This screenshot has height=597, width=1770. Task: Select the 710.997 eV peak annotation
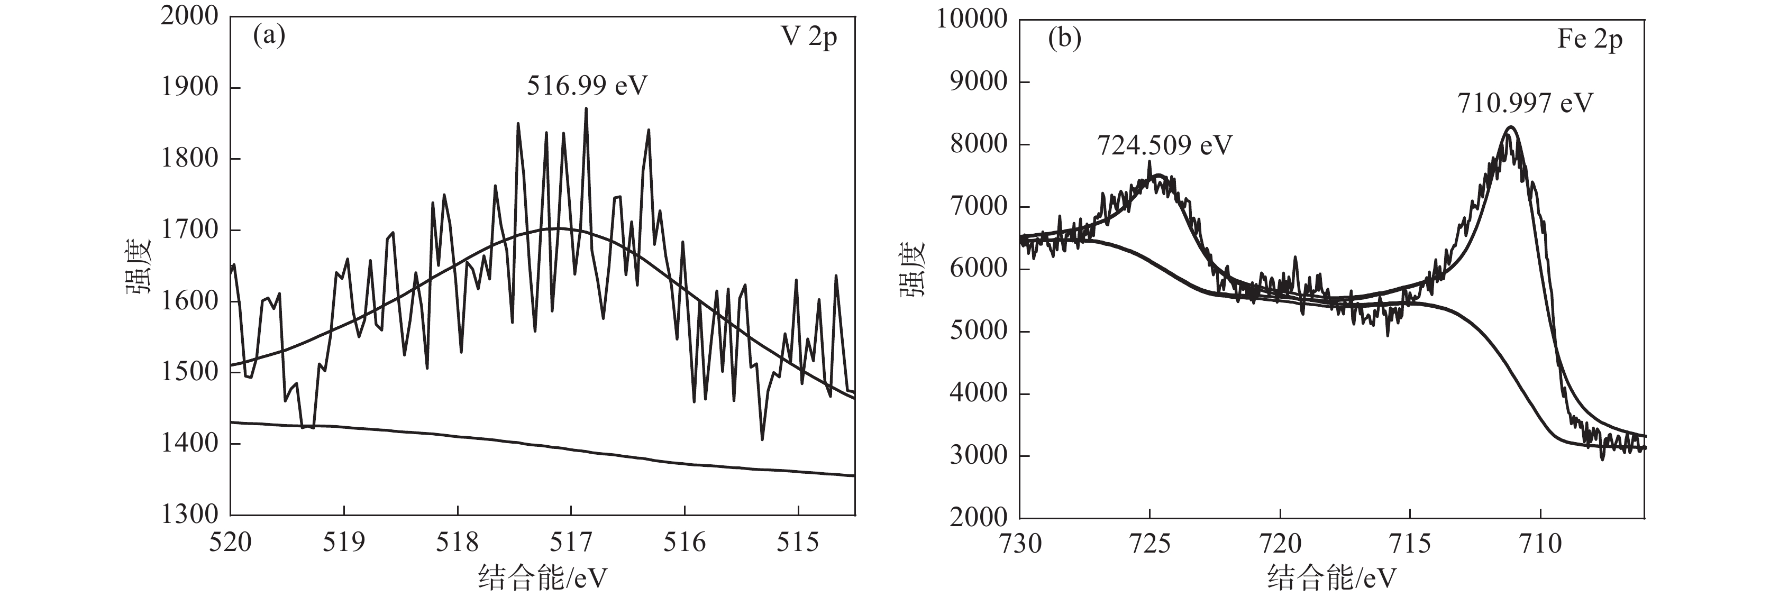pos(1525,103)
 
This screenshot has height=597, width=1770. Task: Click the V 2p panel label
pos(809,36)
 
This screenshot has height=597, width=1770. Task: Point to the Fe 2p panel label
pos(1589,39)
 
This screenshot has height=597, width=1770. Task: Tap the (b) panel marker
pos(1064,39)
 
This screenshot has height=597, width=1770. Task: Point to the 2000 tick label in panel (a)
pos(189,16)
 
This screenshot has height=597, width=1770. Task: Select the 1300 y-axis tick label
pos(189,514)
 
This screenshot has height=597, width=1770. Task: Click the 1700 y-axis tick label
pos(189,229)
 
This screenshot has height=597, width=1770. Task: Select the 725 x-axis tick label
pos(1149,545)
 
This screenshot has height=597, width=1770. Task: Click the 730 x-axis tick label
pos(1020,545)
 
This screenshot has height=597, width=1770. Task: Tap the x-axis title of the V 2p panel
pos(543,578)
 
